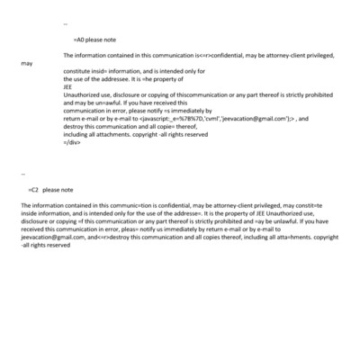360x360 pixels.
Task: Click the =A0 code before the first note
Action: coord(77,40)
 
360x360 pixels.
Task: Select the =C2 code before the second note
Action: coord(33,190)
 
